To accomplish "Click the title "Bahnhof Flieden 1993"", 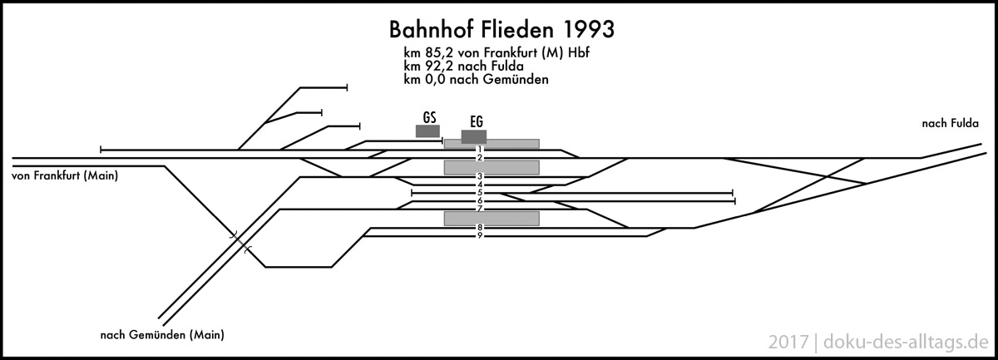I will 502,30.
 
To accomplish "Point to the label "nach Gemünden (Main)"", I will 162,335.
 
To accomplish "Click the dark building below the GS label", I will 427,131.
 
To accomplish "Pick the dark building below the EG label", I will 474,136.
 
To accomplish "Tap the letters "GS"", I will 429,116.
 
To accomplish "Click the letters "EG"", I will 477,121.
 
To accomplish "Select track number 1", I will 480,150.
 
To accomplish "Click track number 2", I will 480,158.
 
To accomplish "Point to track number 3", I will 480,176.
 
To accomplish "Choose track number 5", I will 480,193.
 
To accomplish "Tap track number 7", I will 480,210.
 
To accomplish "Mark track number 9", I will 480,236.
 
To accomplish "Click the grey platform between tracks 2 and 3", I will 492,167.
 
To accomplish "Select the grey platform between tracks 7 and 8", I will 492,219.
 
